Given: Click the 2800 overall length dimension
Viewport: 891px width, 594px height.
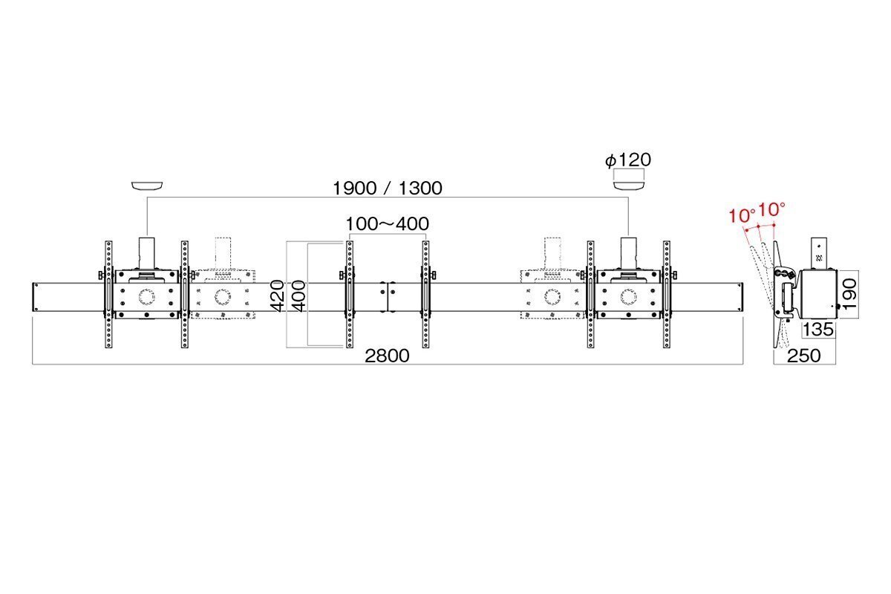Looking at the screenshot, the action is coord(387,356).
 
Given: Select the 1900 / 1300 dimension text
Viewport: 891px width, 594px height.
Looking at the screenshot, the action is coord(387,188).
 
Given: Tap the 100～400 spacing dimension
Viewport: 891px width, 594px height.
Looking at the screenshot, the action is coord(387,223).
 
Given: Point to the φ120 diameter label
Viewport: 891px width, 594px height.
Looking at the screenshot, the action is coord(628,160).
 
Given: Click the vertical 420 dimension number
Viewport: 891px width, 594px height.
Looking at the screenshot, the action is coord(277,296).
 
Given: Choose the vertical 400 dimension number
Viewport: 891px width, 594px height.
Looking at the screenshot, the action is coord(298,296).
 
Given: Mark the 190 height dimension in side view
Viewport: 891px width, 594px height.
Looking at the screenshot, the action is coord(849,294).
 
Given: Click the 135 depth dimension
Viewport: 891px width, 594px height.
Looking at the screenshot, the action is coord(818,330).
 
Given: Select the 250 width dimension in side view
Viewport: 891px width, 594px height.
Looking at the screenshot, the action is coord(804,356).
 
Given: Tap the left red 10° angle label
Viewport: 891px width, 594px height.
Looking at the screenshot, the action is coord(742,215).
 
